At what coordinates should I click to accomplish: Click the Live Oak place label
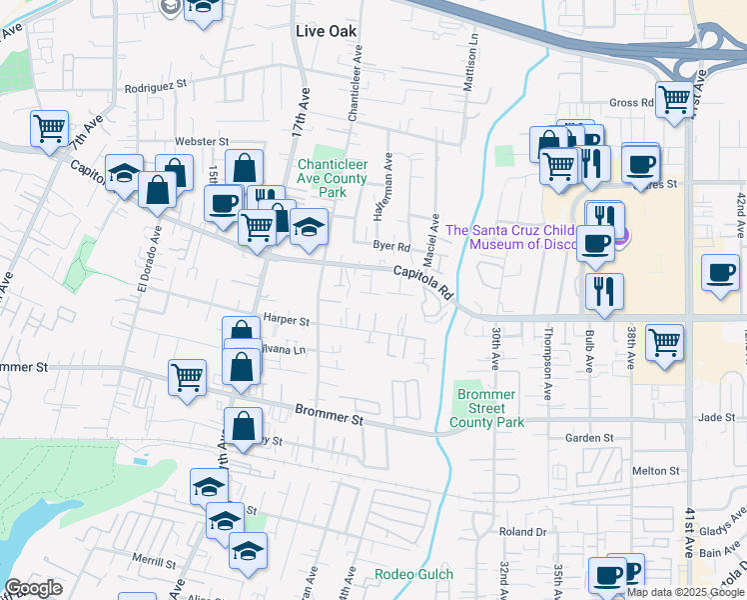point(326,31)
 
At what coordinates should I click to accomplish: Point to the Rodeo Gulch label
point(413,574)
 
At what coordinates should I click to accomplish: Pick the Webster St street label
point(203,142)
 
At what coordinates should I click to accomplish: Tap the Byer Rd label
point(391,246)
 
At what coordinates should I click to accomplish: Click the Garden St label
point(588,438)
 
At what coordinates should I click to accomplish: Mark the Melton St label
point(656,470)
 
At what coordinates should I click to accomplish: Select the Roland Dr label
point(524,532)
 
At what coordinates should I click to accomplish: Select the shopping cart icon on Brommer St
point(187,378)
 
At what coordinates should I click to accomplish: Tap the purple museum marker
point(621,236)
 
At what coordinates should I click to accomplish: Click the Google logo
point(33,588)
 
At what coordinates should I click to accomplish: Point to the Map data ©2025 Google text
point(685,592)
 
